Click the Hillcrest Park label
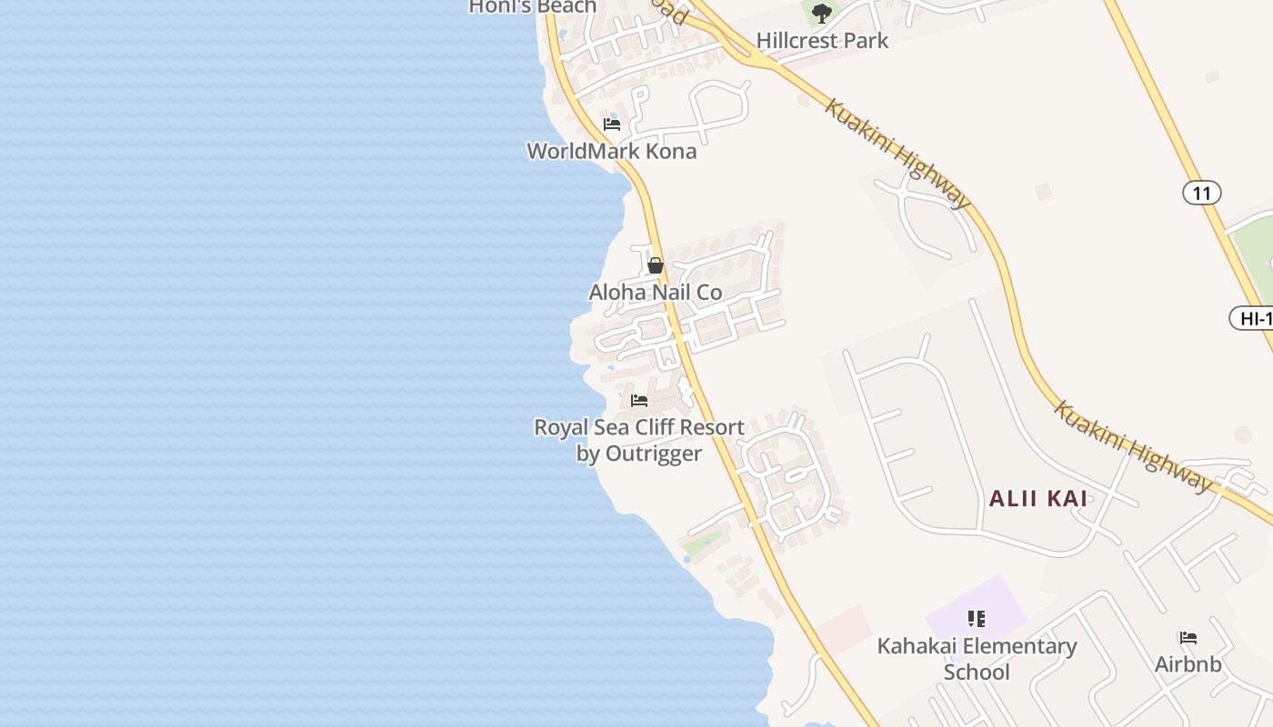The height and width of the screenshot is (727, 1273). [822, 41]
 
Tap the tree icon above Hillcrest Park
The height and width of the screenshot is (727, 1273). [822, 14]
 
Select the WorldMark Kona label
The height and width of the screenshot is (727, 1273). [612, 151]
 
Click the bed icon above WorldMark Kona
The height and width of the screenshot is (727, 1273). [612, 124]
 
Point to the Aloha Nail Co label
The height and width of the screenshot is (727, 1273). [655, 293]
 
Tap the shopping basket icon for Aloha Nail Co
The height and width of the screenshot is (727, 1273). [655, 265]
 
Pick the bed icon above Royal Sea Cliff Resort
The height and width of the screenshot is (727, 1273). [639, 401]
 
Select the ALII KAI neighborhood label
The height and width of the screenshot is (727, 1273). [1037, 498]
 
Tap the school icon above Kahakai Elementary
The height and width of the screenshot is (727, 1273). [977, 620]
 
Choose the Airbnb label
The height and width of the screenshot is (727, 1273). [1188, 664]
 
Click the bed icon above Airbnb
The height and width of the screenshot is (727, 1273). [1188, 638]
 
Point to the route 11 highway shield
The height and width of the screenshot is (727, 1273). [1201, 193]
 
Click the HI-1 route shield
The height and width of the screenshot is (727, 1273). [1253, 318]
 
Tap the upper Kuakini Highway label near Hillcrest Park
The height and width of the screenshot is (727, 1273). [898, 153]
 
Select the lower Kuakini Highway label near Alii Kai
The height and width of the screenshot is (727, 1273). [1133, 445]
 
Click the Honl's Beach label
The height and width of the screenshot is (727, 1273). [533, 7]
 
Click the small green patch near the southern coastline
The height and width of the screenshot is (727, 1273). [702, 545]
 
